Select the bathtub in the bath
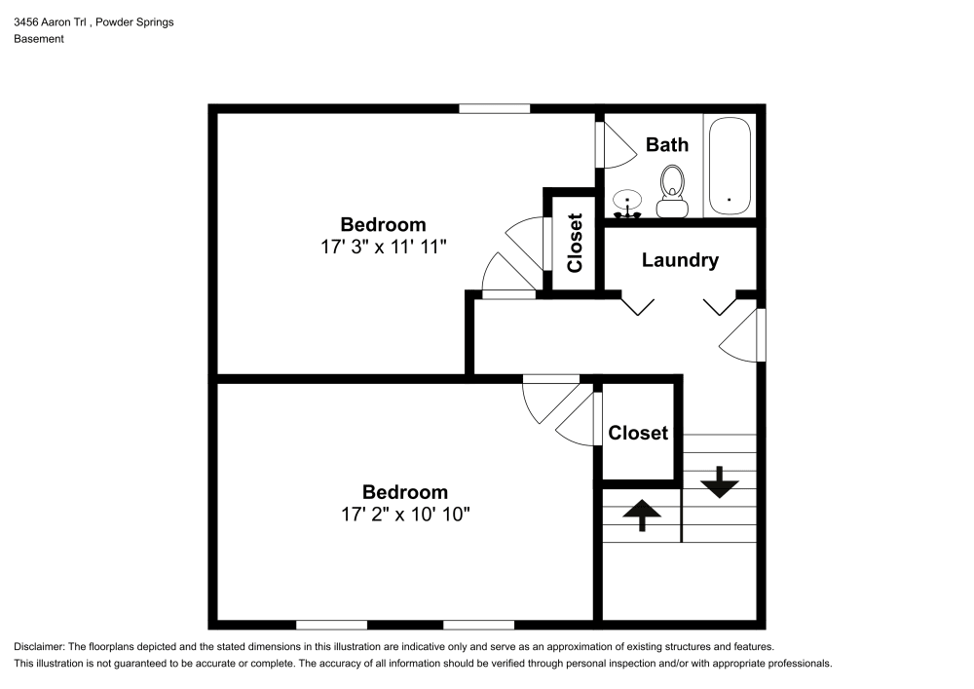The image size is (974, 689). pos(730,167)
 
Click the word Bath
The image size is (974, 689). pos(667,144)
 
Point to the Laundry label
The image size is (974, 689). pos(680,260)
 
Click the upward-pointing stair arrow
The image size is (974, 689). pos(642,514)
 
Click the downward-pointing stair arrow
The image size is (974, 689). pos(719,481)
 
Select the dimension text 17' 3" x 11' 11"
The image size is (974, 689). pos(383,248)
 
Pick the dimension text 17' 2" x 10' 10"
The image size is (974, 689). pos(405,515)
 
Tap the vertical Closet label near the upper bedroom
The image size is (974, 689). pos(575,243)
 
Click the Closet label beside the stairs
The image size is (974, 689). pos(638,433)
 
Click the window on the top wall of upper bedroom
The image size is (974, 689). pos(494,108)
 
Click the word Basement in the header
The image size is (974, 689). pos(39,39)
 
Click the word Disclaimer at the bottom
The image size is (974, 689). pos(39,647)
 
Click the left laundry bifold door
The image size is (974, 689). pos(637,306)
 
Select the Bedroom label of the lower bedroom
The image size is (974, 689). pos(405,492)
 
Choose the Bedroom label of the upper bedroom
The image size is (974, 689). pos(383,225)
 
